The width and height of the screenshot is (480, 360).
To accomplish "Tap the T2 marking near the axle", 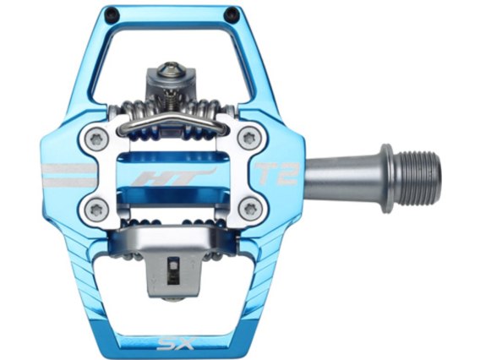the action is coord(277,174).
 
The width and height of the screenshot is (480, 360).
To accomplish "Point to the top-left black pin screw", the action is coord(110,14).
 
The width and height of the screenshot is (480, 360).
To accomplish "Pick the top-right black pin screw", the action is coord(231,14).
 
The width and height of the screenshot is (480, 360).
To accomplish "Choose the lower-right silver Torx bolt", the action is coord(248,208).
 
